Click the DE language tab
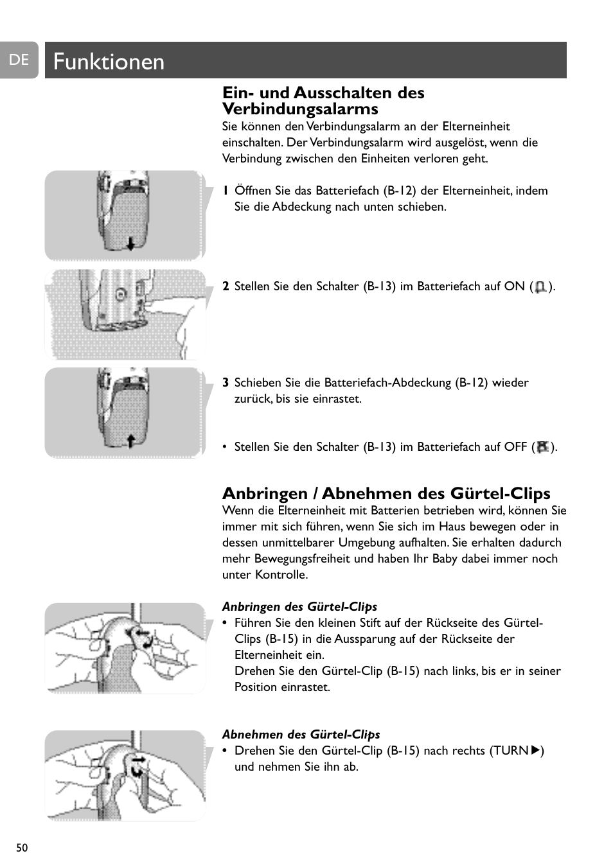point(19,60)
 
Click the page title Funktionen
point(109,62)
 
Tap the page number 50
point(22,848)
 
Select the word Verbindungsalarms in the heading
point(300,109)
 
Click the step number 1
point(226,191)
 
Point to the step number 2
point(226,286)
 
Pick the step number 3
point(226,383)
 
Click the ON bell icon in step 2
point(540,287)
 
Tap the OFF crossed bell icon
point(543,447)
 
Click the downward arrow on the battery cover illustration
point(130,244)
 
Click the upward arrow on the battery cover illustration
point(130,441)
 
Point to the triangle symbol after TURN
point(536,750)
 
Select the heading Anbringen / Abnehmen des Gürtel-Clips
point(386,493)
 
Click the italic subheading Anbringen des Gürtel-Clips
point(299,606)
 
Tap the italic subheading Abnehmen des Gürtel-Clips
point(301,734)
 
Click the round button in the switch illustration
point(120,295)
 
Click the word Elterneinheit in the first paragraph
point(476,127)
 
